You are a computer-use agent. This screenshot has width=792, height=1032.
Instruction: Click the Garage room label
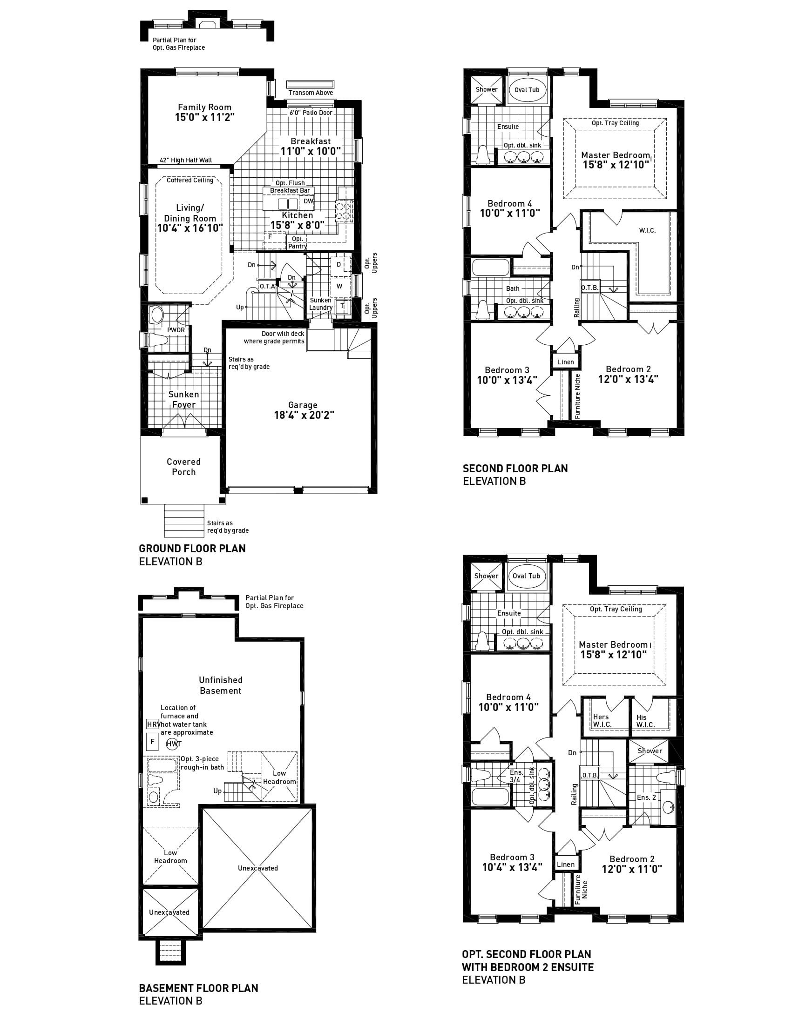[303, 405]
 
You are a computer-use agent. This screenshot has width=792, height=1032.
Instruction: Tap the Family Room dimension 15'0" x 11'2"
[204, 118]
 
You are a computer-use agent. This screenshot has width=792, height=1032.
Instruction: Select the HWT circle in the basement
[174, 744]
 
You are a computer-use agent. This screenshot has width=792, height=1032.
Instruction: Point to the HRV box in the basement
[152, 724]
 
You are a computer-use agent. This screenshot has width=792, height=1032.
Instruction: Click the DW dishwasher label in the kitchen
[308, 201]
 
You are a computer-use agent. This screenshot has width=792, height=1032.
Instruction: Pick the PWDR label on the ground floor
[176, 330]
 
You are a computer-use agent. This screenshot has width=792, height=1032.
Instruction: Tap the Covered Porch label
[184, 467]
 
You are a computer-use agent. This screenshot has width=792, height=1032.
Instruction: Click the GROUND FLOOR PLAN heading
[192, 548]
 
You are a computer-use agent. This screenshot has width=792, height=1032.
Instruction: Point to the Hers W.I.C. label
[602, 721]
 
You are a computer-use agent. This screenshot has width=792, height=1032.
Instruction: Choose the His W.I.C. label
[645, 721]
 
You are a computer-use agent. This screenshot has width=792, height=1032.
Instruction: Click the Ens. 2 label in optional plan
[646, 797]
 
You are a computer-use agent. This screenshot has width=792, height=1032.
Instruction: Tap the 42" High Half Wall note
[186, 160]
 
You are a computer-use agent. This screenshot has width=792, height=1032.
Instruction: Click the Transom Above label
[311, 93]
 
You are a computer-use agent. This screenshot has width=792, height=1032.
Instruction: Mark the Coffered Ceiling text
[190, 180]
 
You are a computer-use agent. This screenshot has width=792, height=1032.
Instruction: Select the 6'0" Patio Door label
[311, 113]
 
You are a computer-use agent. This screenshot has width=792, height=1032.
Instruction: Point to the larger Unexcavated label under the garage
[258, 868]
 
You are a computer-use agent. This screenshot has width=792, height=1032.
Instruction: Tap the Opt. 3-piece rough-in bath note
[202, 763]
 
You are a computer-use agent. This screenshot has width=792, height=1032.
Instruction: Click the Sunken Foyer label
[184, 399]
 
